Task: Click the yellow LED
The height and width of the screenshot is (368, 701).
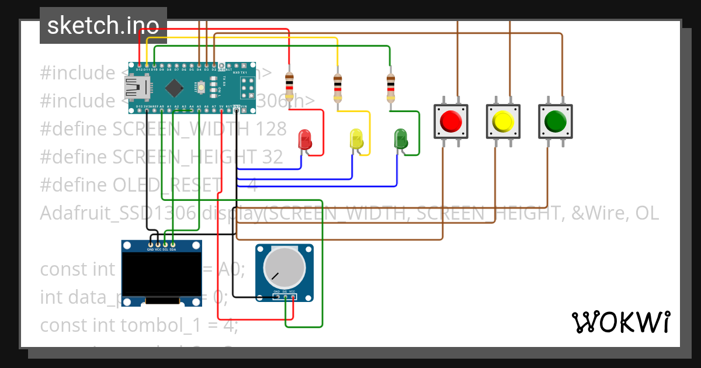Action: [x=356, y=139]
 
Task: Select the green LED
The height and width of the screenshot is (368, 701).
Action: [x=401, y=139]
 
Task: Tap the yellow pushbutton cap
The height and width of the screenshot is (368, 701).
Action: [x=502, y=121]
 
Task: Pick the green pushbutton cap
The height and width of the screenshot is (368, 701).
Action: [x=555, y=121]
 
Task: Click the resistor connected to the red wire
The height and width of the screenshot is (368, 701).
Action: [x=289, y=86]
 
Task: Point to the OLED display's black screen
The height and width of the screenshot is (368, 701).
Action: [x=161, y=273]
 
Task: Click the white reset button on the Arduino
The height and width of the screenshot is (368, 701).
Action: [x=202, y=88]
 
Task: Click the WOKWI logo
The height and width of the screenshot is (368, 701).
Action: [x=620, y=322]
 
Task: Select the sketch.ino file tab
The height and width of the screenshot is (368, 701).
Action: [x=103, y=25]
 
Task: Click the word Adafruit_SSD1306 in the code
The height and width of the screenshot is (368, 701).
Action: [x=117, y=213]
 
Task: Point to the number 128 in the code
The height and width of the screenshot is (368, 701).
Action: [x=271, y=129]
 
